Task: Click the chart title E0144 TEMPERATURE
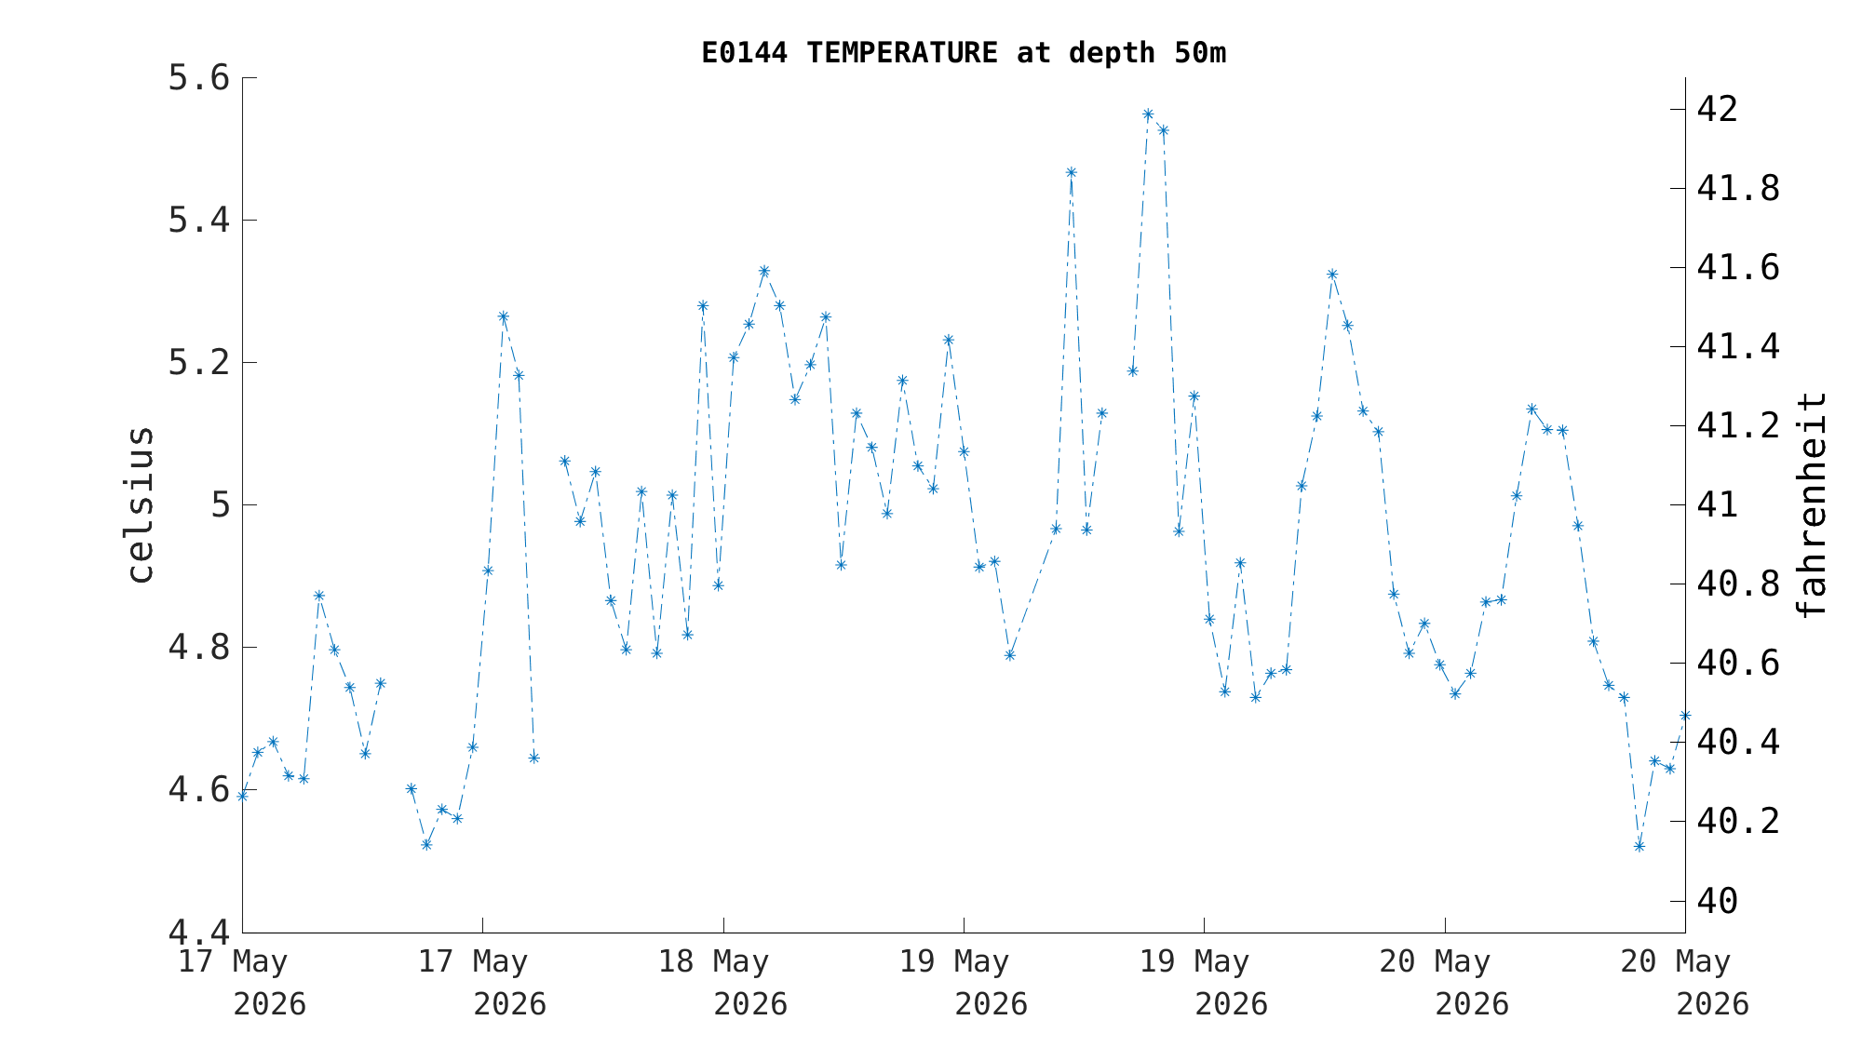(849, 53)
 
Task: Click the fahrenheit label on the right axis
(1811, 505)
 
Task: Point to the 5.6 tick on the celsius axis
(198, 77)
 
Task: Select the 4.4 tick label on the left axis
(198, 932)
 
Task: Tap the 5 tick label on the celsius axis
(221, 504)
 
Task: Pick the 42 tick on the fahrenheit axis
(1718, 110)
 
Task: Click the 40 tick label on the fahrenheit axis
(1718, 900)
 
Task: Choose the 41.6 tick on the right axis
(1738, 268)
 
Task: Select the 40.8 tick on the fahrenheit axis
(1738, 584)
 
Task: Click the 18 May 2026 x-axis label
(722, 983)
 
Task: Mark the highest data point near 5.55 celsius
(1148, 114)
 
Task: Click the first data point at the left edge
(243, 796)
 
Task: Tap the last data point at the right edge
(1684, 716)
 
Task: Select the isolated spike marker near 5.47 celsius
(1071, 172)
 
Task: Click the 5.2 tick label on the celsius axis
(198, 362)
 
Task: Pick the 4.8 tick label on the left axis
(198, 647)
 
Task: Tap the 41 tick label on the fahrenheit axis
(1718, 504)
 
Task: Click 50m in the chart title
(1200, 53)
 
